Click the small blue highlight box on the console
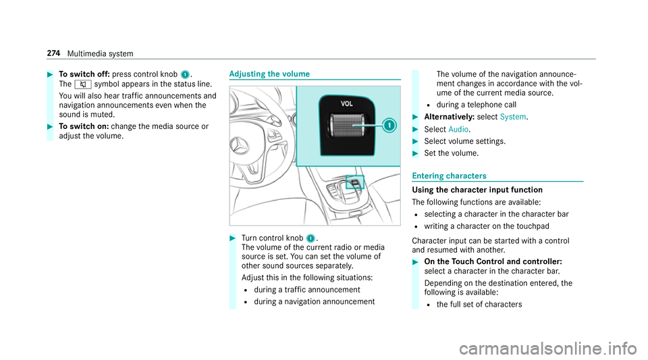pyautogui.click(x=355, y=182)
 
